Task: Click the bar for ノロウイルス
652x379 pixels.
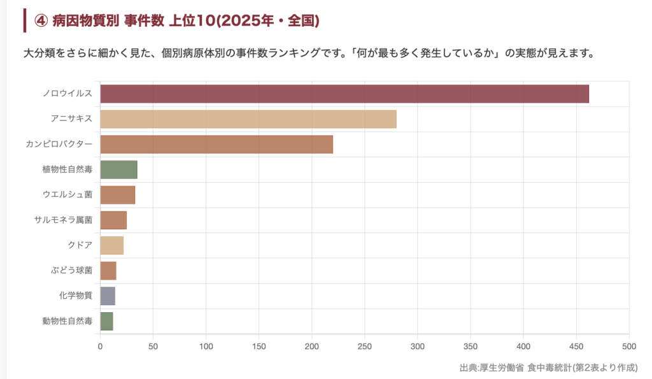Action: [344, 94]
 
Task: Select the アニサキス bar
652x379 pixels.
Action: [248, 119]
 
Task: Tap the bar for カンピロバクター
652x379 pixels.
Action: [216, 145]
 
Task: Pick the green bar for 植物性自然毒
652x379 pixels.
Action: [118, 170]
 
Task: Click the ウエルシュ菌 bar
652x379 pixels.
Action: [118, 195]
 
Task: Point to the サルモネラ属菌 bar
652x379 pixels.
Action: [113, 220]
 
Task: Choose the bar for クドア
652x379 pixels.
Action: [111, 245]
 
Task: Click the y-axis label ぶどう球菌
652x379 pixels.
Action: [72, 271]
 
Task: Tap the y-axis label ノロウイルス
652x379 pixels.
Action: [67, 94]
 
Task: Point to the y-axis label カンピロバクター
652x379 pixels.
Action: [59, 145]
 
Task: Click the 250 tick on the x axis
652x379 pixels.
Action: [365, 347]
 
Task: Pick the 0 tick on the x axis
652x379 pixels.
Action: [100, 347]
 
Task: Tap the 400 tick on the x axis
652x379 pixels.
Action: [523, 347]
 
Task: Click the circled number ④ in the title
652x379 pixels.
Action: [41, 21]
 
